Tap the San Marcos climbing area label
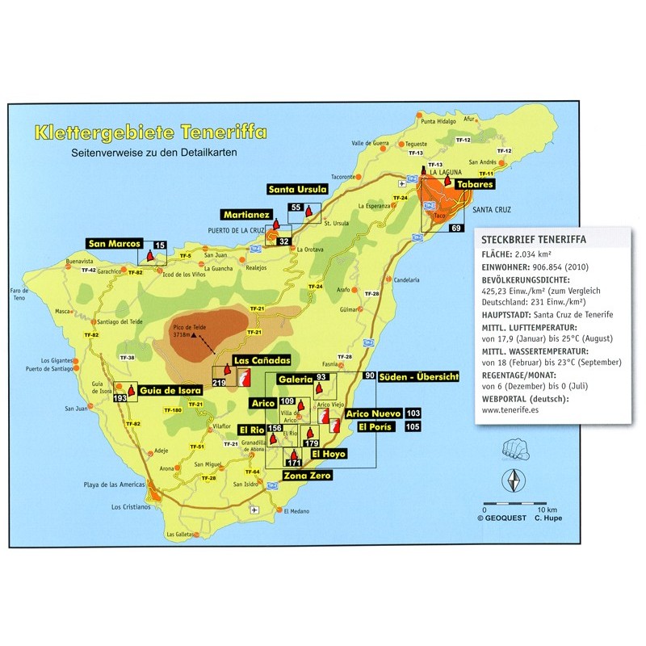(x=115, y=243)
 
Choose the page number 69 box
(x=456, y=229)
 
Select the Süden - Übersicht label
(x=424, y=376)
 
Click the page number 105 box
(x=413, y=426)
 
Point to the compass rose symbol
(x=512, y=481)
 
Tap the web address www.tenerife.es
(x=514, y=409)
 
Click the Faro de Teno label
(x=39, y=293)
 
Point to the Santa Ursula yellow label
(x=298, y=189)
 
